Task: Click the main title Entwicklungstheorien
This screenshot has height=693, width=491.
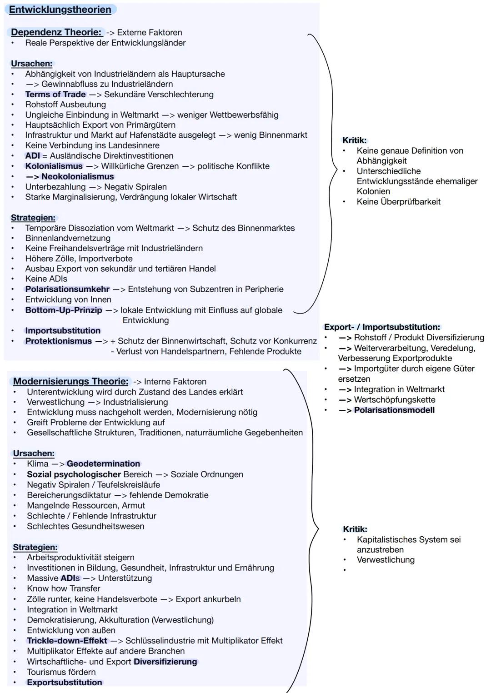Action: click(60, 10)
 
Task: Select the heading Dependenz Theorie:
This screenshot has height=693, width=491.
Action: click(56, 32)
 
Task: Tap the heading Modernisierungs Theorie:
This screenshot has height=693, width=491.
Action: click(70, 381)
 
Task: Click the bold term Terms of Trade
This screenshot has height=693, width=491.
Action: click(55, 94)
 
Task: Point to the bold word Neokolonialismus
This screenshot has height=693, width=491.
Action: click(78, 176)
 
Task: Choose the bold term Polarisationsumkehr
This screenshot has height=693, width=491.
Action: click(67, 289)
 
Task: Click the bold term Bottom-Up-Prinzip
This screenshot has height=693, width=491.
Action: click(64, 310)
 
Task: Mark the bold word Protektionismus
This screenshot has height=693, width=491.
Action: click(59, 341)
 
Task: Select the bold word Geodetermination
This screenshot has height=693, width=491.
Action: click(103, 464)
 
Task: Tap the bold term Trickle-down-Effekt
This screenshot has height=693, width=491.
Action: click(67, 640)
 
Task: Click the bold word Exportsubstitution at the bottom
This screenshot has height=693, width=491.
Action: click(65, 682)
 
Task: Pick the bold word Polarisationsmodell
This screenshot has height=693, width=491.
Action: click(394, 410)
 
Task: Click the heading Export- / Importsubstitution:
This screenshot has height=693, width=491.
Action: click(382, 327)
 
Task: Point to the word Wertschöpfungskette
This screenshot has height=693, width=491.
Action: click(395, 399)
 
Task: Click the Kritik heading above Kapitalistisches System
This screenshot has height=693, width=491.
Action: click(355, 529)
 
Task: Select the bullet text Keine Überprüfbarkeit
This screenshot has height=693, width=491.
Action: click(398, 201)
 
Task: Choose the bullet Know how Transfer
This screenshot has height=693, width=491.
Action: click(64, 588)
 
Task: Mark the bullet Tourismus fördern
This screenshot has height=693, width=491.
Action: click(61, 672)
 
